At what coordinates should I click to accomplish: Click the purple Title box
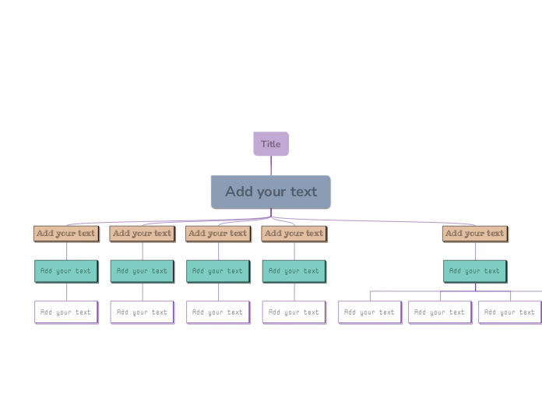pyautogui.click(x=271, y=144)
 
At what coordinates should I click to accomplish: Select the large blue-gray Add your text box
pyautogui.click(x=270, y=192)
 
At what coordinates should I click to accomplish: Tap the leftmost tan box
pyautogui.click(x=65, y=233)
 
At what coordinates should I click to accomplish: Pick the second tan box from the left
pyautogui.click(x=142, y=233)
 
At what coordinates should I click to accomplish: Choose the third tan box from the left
pyautogui.click(x=217, y=233)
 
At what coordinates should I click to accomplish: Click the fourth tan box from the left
pyautogui.click(x=294, y=233)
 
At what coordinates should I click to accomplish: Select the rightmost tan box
pyautogui.click(x=474, y=233)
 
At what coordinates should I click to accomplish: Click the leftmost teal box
pyautogui.click(x=65, y=271)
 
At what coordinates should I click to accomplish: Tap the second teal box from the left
pyautogui.click(x=142, y=271)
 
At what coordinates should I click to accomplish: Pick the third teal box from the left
pyautogui.click(x=217, y=271)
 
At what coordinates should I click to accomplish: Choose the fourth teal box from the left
pyautogui.click(x=294, y=271)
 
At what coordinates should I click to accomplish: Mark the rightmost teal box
pyautogui.click(x=474, y=271)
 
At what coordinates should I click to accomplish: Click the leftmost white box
pyautogui.click(x=65, y=312)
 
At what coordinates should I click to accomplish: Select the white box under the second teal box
pyautogui.click(x=142, y=312)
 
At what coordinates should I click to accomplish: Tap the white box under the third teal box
pyautogui.click(x=217, y=312)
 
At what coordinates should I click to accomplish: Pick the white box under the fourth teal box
pyautogui.click(x=294, y=312)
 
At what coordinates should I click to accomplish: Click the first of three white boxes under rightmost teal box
pyautogui.click(x=369, y=312)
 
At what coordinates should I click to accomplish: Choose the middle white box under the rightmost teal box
pyautogui.click(x=439, y=312)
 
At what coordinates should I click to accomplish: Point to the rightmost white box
pyautogui.click(x=509, y=312)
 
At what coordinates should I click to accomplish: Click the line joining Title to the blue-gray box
pyautogui.click(x=271, y=166)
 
